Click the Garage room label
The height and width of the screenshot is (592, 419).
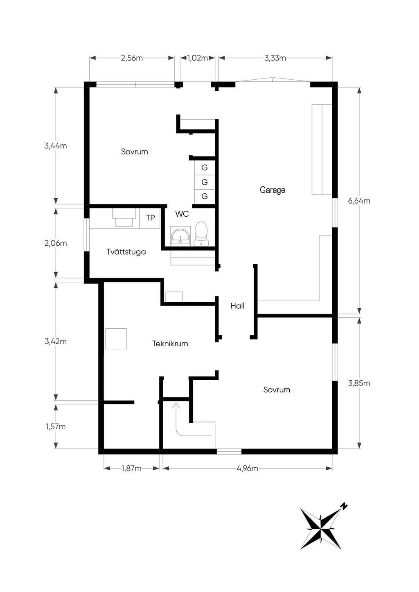[273, 190]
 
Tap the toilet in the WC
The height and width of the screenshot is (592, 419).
[201, 233]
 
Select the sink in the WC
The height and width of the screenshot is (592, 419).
[180, 235]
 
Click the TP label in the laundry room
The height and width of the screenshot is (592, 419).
[150, 218]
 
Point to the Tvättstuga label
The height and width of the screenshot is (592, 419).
[126, 251]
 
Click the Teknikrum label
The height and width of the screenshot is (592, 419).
[170, 343]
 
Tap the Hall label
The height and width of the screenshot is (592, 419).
[237, 306]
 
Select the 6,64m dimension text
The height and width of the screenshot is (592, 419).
[359, 201]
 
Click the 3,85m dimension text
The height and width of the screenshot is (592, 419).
[359, 383]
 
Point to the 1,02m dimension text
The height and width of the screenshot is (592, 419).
[198, 58]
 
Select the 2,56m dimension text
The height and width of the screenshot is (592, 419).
[132, 58]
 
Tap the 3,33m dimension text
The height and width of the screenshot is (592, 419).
[275, 58]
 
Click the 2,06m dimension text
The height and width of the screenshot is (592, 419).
[56, 243]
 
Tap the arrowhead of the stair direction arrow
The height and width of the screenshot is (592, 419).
[176, 406]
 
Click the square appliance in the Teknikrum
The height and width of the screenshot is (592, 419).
[116, 339]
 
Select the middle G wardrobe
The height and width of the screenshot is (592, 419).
[205, 182]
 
